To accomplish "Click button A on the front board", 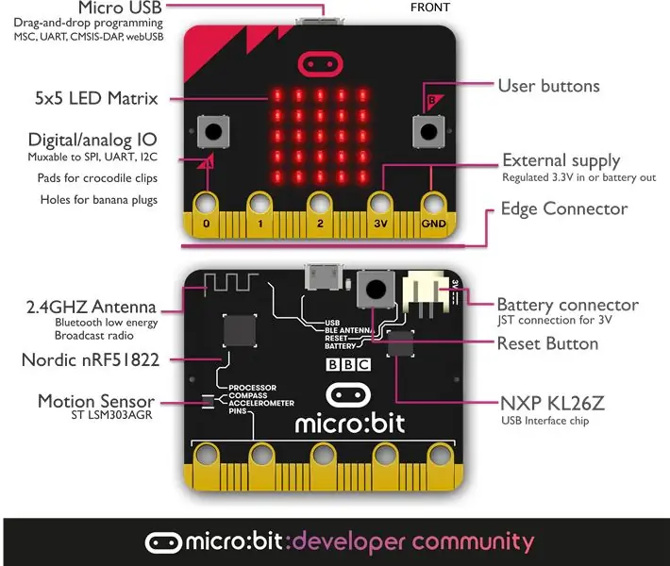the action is coord(213,131).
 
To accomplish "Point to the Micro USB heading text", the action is coord(120,8).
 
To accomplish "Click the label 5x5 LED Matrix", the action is coord(96,98).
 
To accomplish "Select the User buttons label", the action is coord(549,86).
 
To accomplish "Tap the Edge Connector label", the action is coord(564,208).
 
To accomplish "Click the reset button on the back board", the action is coord(376,290).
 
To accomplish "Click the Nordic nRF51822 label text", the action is coord(91,360).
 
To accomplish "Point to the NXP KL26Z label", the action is coord(552,404).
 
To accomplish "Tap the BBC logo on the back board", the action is coord(348,364).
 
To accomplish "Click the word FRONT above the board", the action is coord(430,8).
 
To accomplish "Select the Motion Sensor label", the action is coord(96,402).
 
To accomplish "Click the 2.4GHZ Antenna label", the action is coord(91,308).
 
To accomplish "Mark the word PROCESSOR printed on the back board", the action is coord(253,388).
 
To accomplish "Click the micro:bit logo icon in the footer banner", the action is coord(163,542).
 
